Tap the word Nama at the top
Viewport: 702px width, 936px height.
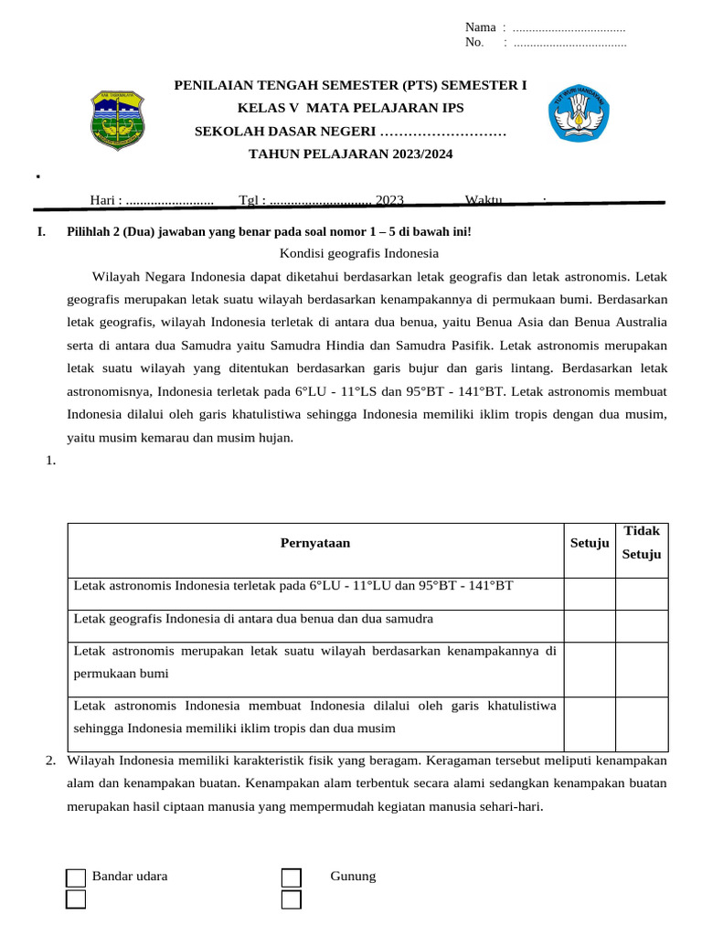481,27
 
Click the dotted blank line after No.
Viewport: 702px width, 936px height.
569,42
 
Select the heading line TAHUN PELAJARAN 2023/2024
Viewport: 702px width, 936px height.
350,154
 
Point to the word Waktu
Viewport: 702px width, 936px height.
484,200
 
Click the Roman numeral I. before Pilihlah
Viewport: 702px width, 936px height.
41,232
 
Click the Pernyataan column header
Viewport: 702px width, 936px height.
315,543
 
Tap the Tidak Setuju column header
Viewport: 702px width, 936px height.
642,543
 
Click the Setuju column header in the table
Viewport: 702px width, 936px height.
590,543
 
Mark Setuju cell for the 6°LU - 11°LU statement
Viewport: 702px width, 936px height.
590,594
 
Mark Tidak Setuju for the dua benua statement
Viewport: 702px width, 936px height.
642,626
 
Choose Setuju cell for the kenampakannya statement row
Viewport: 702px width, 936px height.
590,669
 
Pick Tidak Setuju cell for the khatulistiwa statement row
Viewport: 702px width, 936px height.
642,724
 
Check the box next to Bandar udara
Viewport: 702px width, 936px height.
77,878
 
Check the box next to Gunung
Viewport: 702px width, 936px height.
292,878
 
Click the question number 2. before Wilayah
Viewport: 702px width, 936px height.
51,760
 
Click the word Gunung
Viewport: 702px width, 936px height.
353,877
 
